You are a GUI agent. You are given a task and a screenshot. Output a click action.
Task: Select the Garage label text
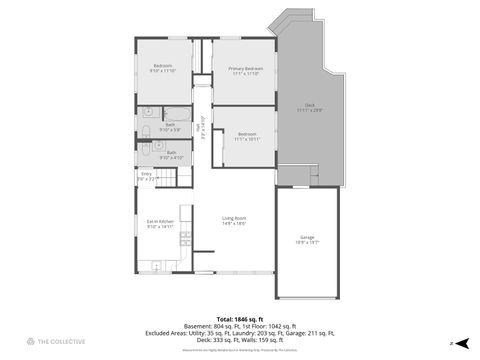coord(307,239)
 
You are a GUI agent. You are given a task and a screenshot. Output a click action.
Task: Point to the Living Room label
coord(234,221)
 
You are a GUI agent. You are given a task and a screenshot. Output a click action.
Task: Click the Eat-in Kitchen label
coord(160,224)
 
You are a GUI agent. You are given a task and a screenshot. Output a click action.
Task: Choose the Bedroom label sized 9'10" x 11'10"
coord(162,68)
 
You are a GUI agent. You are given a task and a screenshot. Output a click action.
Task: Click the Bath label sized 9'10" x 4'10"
coord(170,155)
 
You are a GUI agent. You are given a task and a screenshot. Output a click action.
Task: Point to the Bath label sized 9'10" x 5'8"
coord(170,127)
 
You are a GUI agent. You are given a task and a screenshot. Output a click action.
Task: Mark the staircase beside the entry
coord(174,177)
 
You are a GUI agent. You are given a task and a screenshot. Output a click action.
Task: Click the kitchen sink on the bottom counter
coord(158,265)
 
